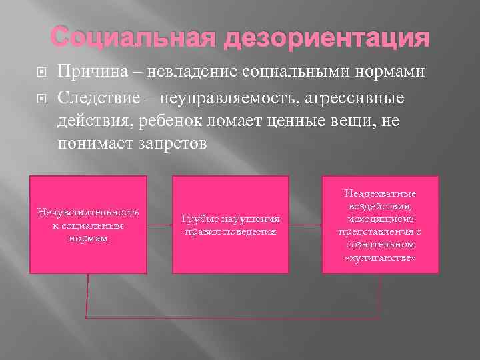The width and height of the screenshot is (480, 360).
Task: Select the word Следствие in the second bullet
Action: coord(97,97)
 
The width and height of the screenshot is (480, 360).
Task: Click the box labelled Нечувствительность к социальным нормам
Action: coord(89,225)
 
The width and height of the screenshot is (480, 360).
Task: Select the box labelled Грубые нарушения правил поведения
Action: coord(230,225)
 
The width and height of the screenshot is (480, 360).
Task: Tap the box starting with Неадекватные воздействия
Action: coord(380,225)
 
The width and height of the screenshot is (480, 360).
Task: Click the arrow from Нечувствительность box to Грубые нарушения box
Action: coord(160,225)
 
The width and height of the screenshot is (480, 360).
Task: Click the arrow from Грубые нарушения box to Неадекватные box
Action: coord(305,225)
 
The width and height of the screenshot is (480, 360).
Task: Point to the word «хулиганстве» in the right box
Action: coord(380,257)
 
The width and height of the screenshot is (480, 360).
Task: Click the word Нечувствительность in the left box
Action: coord(89,213)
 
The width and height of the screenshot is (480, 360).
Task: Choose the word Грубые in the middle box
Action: coord(199,219)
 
